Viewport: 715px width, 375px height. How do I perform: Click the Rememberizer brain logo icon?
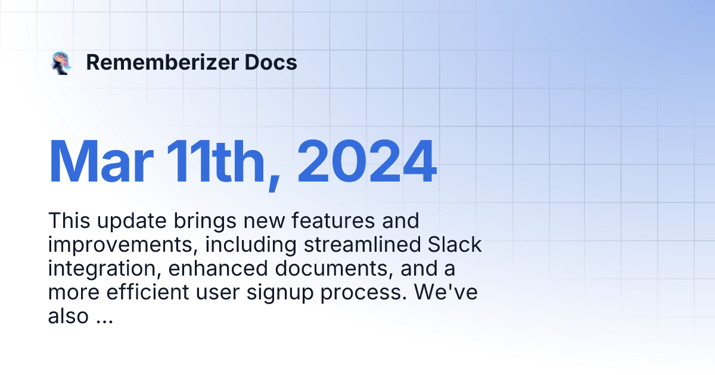pyautogui.click(x=61, y=62)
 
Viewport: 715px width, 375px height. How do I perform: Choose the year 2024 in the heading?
pyautogui.click(x=367, y=162)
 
